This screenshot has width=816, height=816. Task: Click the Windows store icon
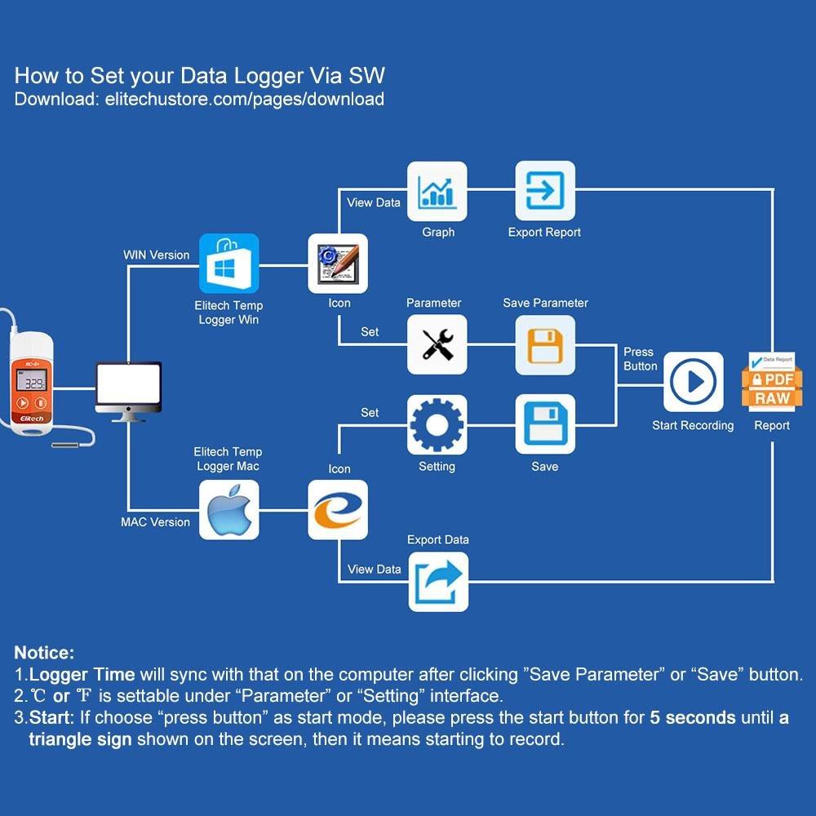(x=229, y=264)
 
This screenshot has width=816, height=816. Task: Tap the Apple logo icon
(x=229, y=510)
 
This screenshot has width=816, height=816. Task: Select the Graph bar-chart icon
(x=437, y=191)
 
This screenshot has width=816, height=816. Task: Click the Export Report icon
(x=545, y=191)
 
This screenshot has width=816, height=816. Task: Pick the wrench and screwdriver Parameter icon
(x=437, y=344)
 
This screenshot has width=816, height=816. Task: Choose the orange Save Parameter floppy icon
(x=545, y=344)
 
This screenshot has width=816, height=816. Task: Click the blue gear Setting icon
(x=437, y=424)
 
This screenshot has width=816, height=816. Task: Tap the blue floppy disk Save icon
(x=545, y=424)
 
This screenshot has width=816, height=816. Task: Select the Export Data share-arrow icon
(x=438, y=582)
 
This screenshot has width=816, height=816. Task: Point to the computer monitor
(x=128, y=390)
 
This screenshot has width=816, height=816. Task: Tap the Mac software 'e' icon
(x=338, y=510)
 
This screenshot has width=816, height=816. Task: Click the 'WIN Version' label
(x=156, y=255)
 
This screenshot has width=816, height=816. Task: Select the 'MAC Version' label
(x=155, y=522)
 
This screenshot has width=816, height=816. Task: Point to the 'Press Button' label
(x=640, y=359)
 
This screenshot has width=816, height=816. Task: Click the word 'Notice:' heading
(x=44, y=653)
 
